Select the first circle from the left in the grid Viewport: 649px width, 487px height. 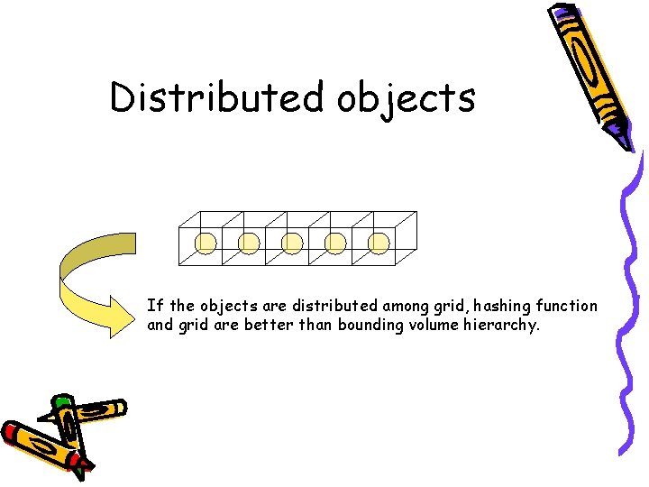206,242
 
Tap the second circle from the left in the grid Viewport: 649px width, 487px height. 250,242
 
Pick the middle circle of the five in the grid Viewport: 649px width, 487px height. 293,242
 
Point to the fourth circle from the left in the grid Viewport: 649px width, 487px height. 336,242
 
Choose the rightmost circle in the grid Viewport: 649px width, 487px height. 379,242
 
